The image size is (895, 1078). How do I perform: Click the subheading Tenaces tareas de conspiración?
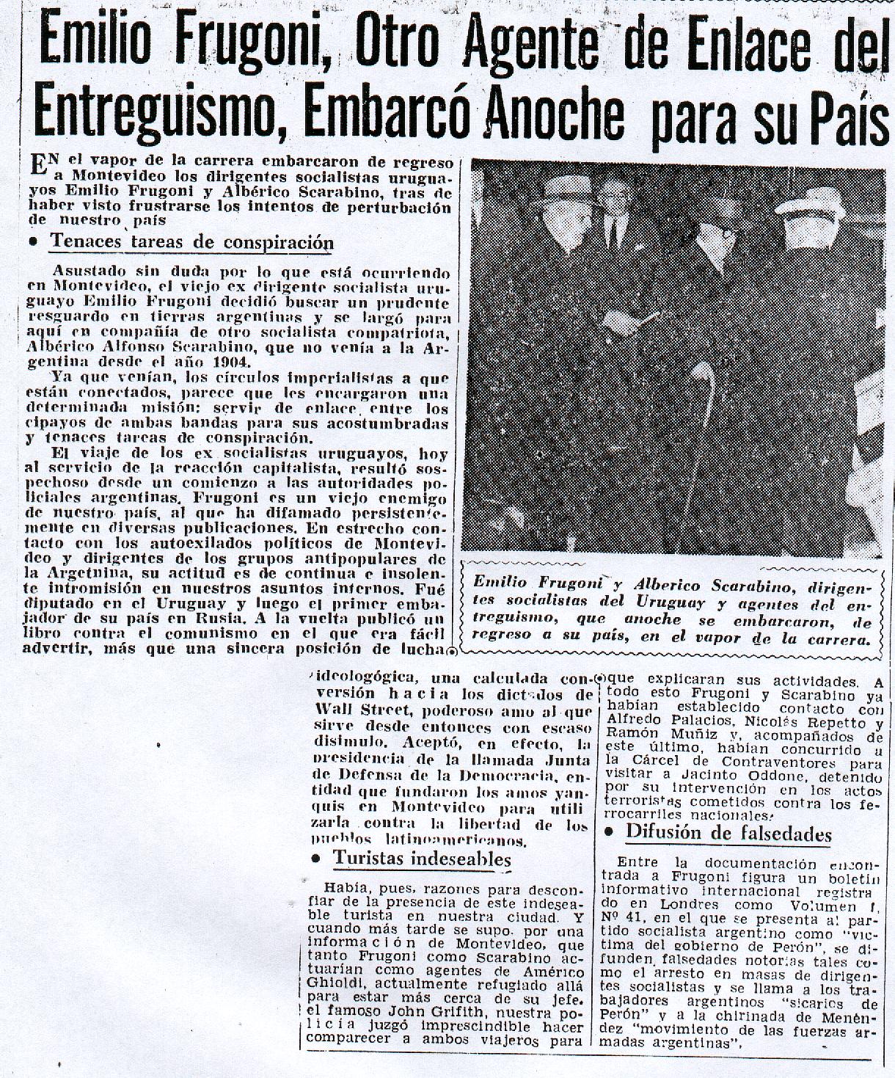coord(191,242)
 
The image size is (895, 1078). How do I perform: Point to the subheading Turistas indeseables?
coord(422,858)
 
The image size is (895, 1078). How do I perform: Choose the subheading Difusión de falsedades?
coord(728,833)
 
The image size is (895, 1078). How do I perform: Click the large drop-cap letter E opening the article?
coord(38,164)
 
